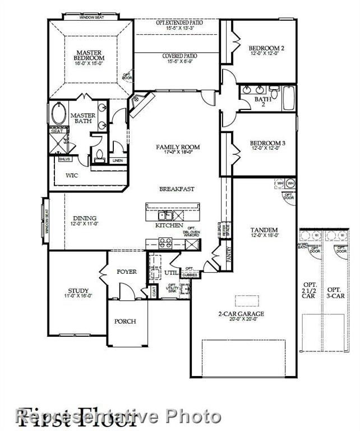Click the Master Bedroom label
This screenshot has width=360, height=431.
[x=90, y=55]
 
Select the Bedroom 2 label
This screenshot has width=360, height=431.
[x=266, y=49]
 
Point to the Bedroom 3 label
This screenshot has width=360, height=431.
[x=267, y=144]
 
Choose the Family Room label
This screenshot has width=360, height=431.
[x=178, y=147]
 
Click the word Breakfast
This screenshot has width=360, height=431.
[x=177, y=189]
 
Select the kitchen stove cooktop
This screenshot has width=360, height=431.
[x=165, y=242]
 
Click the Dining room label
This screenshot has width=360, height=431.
[x=84, y=218]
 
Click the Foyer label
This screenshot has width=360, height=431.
[x=127, y=272]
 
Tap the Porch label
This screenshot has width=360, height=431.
[x=125, y=322]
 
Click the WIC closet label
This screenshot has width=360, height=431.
[x=72, y=176]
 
